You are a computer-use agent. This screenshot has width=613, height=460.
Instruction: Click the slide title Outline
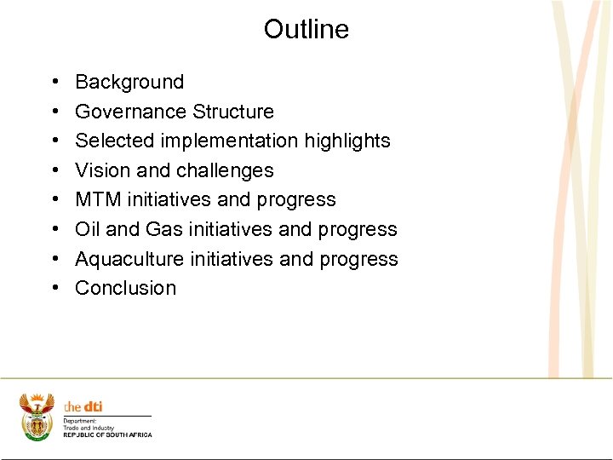pos(306,29)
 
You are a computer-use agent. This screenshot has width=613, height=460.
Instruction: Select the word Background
pos(129,82)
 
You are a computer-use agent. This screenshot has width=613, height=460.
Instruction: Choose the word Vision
pos(100,170)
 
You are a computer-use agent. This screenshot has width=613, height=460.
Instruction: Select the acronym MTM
pos(98,199)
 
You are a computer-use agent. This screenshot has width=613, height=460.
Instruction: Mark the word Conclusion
pos(125,288)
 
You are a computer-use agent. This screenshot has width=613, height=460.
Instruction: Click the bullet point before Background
pos(54,83)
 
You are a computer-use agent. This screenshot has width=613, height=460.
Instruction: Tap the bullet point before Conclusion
pos(54,289)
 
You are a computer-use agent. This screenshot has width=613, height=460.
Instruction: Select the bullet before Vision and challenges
pos(54,171)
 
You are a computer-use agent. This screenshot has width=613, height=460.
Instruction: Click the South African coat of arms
pos(37,417)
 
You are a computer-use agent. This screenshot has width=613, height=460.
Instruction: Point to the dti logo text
pos(83,407)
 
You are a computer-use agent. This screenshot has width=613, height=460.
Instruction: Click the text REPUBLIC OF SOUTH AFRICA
pos(107,435)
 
